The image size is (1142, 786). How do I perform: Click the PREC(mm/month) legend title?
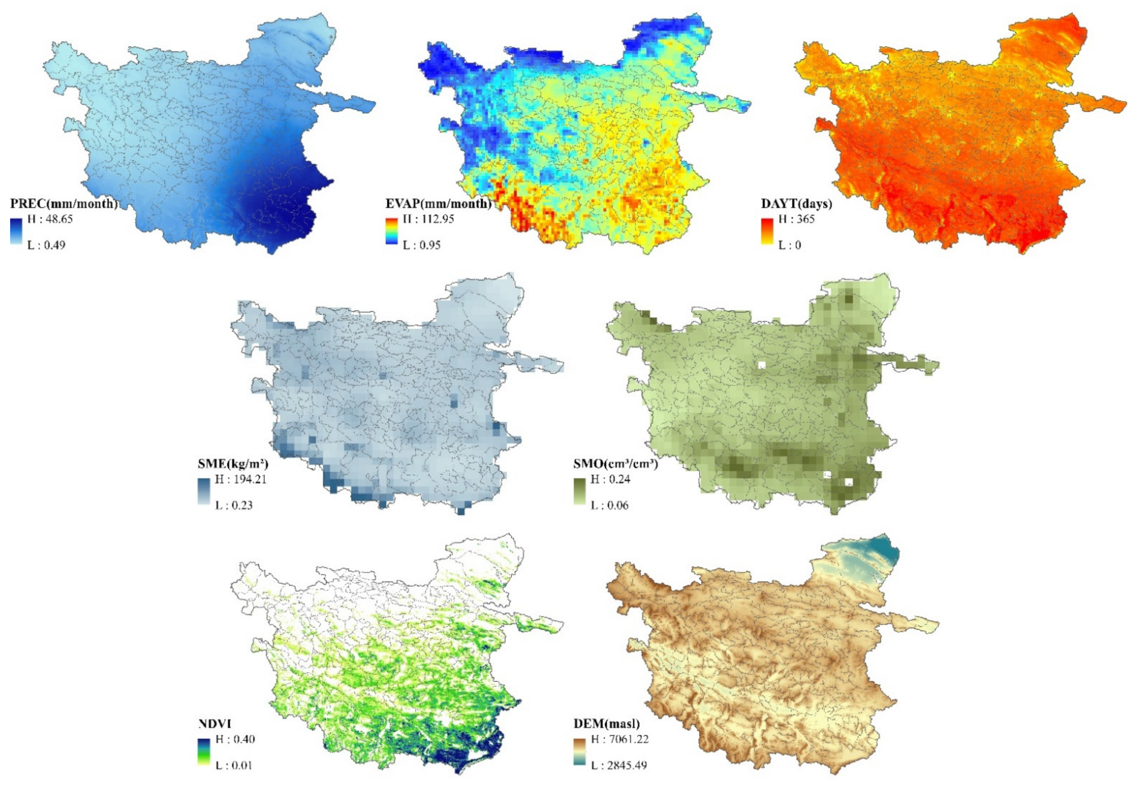coord(64,204)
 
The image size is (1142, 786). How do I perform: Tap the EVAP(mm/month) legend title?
coord(438,204)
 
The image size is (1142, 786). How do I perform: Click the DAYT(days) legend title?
coord(796,204)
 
